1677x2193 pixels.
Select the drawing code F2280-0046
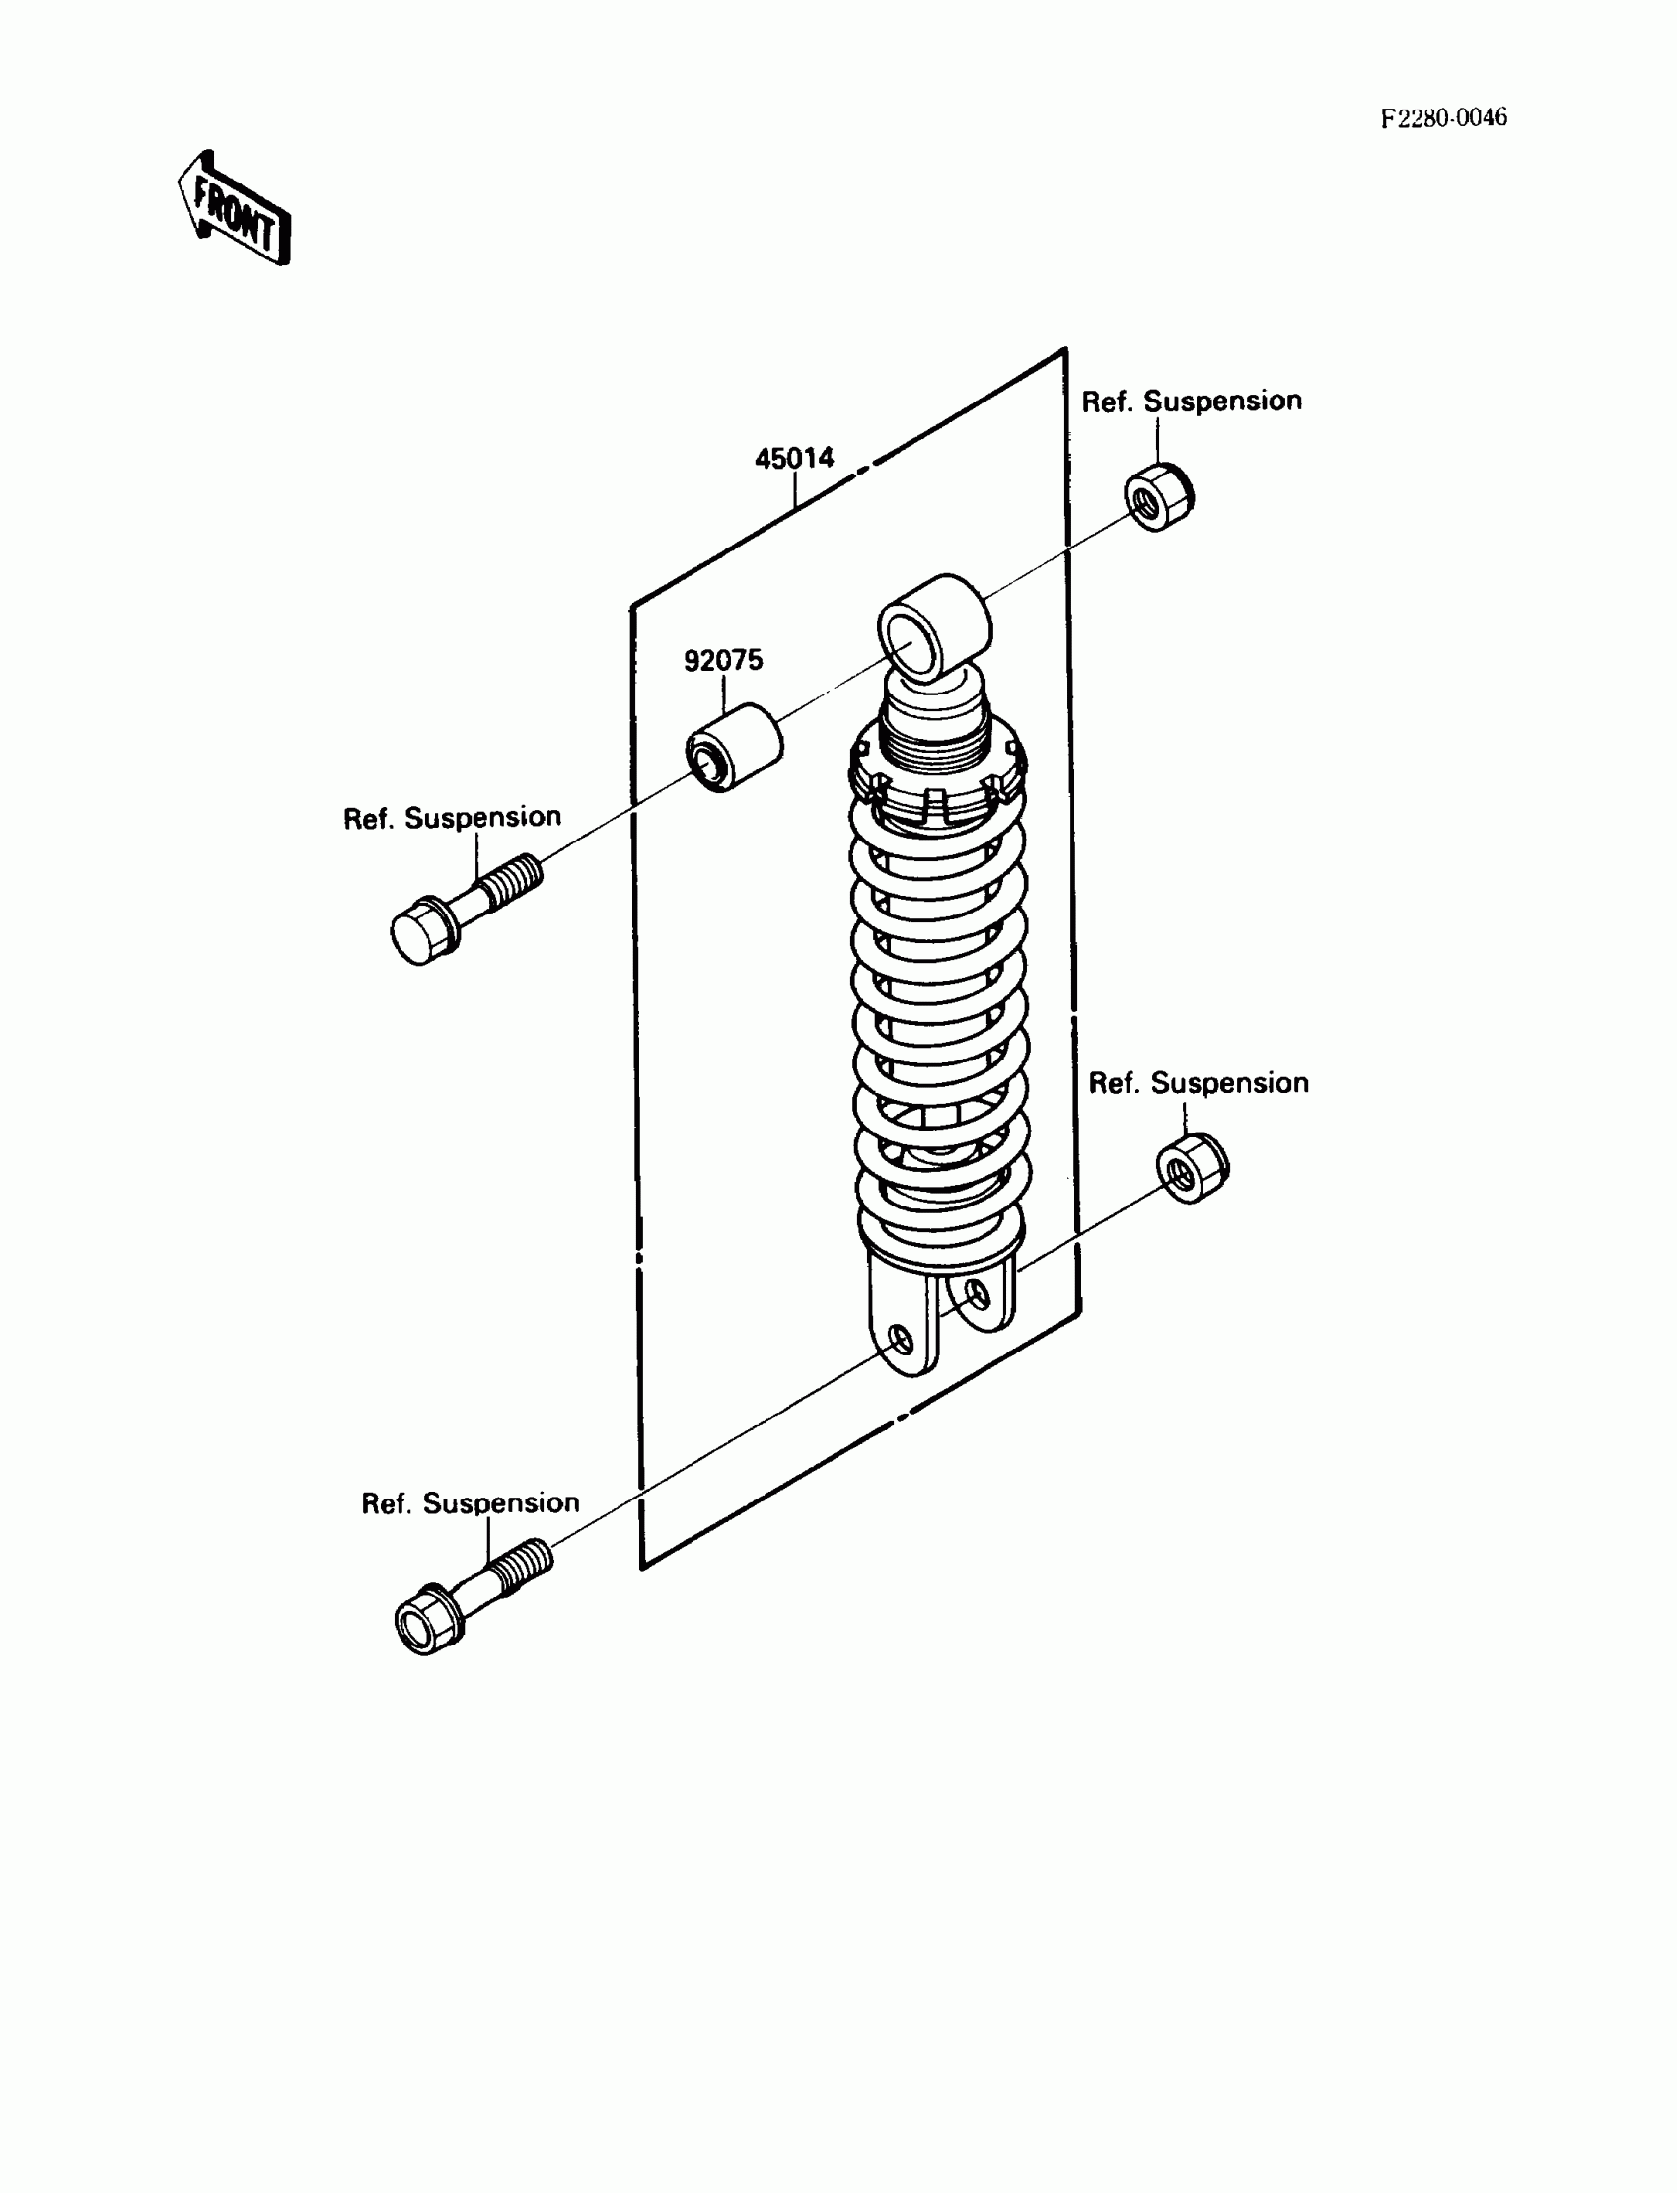1443,118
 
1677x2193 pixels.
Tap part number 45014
793,459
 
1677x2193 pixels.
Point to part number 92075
723,661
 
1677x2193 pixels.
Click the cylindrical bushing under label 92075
734,747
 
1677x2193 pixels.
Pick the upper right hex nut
1159,496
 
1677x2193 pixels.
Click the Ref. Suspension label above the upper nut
1191,402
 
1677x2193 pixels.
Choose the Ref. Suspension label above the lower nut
1198,1083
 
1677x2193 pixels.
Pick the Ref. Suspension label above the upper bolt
452,818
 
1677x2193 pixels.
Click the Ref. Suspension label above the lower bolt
471,1503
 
